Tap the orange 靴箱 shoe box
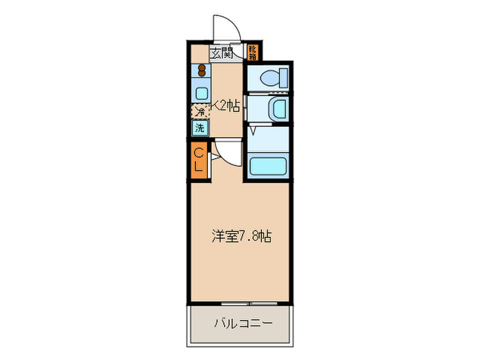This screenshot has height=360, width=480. (252, 51)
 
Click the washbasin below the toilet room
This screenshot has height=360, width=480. (279, 108)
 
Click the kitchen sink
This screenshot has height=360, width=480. (202, 91)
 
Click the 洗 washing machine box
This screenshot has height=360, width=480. (200, 128)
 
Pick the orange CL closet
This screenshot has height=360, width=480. (198, 159)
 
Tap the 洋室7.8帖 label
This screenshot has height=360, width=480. (240, 237)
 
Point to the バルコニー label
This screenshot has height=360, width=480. (243, 322)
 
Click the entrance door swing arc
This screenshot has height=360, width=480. (226, 27)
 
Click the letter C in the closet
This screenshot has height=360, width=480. (198, 152)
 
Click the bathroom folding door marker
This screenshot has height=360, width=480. (252, 128)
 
